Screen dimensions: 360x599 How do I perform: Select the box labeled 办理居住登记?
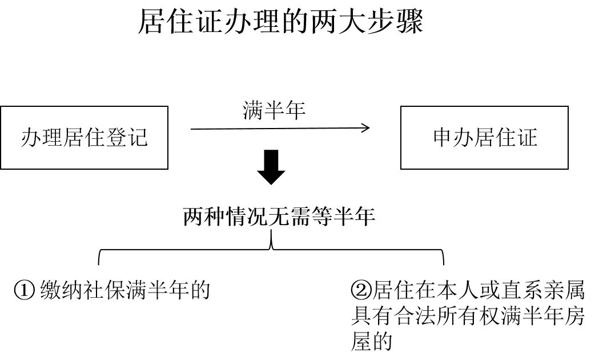point(85,137)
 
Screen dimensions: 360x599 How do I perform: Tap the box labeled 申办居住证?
point(484,137)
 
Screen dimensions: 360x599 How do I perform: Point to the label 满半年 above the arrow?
point(274,110)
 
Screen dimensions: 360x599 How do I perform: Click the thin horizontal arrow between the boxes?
point(280,128)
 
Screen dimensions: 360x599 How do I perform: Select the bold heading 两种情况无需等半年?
point(279,217)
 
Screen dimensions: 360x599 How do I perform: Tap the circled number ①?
point(25,291)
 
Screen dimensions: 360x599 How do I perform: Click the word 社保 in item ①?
point(104,291)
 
